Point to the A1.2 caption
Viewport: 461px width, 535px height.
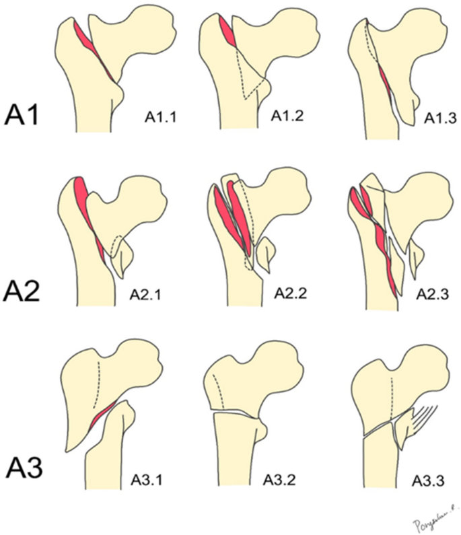click(x=291, y=114)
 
